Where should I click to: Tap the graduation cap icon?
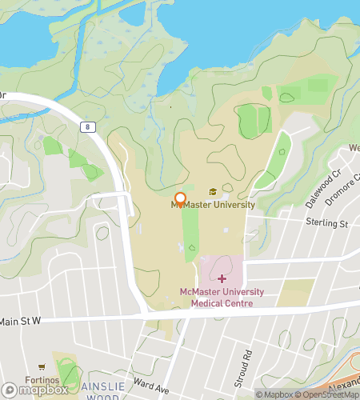(x=213, y=191)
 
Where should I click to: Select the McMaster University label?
(x=213, y=205)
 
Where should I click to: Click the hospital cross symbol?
(x=222, y=278)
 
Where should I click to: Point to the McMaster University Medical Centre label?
(x=222, y=298)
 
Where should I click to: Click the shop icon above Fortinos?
(x=41, y=367)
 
